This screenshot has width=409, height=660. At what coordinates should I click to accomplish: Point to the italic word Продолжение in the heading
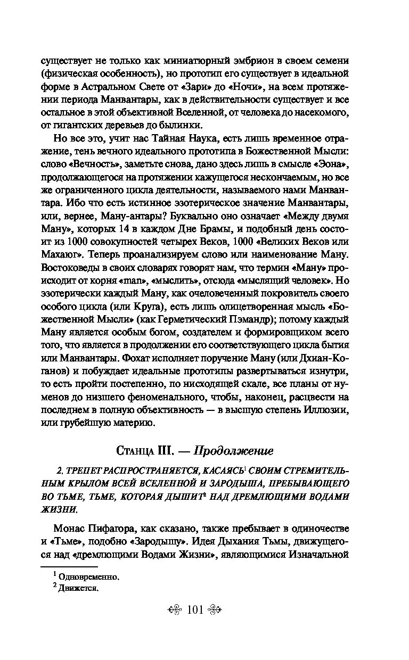point(233,451)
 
